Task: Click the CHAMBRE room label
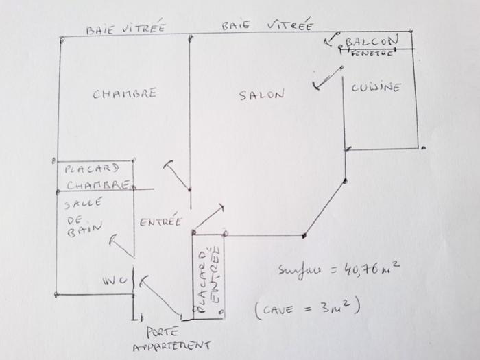point(125,93)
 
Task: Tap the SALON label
point(261,95)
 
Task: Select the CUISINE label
point(376,87)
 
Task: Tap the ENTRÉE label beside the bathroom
point(160,221)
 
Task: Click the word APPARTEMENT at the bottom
point(171,346)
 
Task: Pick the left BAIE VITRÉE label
point(125,29)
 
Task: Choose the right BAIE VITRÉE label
point(267,26)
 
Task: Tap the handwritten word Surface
point(300,269)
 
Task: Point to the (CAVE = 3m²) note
point(307,308)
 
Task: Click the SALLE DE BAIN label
point(84,217)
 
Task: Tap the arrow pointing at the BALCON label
point(331,39)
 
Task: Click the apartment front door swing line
point(162,298)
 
